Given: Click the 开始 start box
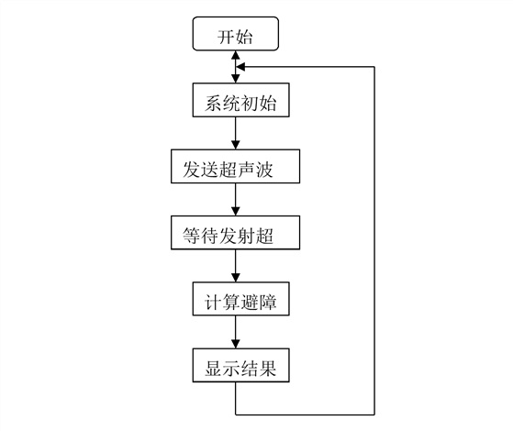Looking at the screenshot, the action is coord(236,34).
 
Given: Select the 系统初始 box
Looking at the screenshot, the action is coord(240,100).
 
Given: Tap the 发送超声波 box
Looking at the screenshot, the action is coord(235,166).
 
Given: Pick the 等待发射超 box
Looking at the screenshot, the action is coord(235,233).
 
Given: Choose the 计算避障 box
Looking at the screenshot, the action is coord(240,299).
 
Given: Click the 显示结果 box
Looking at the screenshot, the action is coord(240,365).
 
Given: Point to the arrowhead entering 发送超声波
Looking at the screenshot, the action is coord(236,145).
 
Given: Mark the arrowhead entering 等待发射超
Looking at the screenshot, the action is coord(236,211).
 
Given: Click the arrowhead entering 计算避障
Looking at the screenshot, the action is coord(236,278).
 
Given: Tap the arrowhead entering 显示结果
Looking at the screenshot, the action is coord(236,344).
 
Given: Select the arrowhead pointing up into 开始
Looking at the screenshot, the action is coord(236,55).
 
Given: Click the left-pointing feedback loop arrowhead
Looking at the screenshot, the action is coord(240,67).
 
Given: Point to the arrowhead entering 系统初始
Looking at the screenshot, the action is coord(236,79).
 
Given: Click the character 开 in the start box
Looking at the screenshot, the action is coord(226,37).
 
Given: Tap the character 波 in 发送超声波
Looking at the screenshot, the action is coord(264,170).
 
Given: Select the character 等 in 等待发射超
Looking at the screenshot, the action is coord(191,236).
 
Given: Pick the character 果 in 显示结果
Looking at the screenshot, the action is coord(268,369).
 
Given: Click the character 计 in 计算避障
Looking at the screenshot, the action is coord(213,302).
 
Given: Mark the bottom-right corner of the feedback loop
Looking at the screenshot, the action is coord(374,414).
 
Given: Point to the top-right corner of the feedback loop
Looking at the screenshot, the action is coord(374,67).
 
